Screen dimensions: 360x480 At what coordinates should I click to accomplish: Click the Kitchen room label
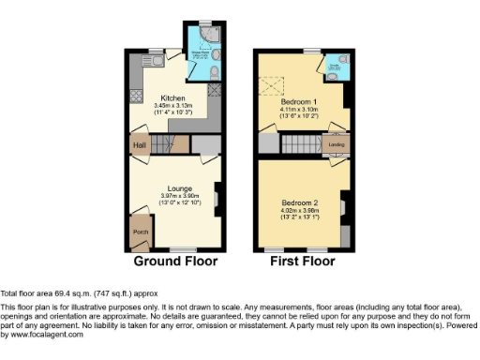click(172, 97)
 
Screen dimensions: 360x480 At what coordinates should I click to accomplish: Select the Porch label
click(140, 231)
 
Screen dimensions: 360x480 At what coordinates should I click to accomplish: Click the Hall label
click(140, 145)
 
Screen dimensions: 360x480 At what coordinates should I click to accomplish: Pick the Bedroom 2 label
click(300, 202)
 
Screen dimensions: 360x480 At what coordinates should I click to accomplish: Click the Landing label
click(335, 145)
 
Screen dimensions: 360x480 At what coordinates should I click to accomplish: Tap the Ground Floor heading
click(175, 262)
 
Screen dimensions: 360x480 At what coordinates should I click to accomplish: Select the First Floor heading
click(303, 262)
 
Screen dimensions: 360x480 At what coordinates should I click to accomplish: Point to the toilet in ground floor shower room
click(215, 72)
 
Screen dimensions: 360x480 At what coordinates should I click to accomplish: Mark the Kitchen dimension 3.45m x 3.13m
click(172, 105)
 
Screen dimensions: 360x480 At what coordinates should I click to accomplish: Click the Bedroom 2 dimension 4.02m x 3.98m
click(300, 210)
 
